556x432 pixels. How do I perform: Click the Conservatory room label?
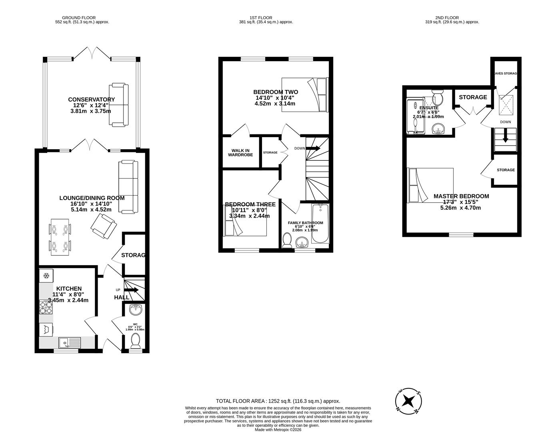[91, 100]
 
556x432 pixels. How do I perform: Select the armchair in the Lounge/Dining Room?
[104, 226]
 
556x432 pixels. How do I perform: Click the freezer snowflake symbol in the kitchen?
[46, 276]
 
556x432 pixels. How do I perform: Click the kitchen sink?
[69, 342]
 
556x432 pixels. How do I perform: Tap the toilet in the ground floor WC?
[136, 340]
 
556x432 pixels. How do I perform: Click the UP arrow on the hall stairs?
[131, 290]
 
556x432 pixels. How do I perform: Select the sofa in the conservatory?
[119, 105]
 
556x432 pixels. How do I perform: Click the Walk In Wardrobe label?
[240, 152]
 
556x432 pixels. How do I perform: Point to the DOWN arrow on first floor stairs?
[313, 148]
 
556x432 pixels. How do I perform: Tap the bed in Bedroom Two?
[305, 94]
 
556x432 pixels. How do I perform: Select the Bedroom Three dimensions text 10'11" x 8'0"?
[249, 210]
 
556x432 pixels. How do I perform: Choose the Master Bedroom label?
[461, 196]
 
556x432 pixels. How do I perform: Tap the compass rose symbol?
[408, 400]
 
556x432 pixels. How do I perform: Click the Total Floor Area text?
[278, 401]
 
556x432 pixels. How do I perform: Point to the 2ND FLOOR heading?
[447, 18]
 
